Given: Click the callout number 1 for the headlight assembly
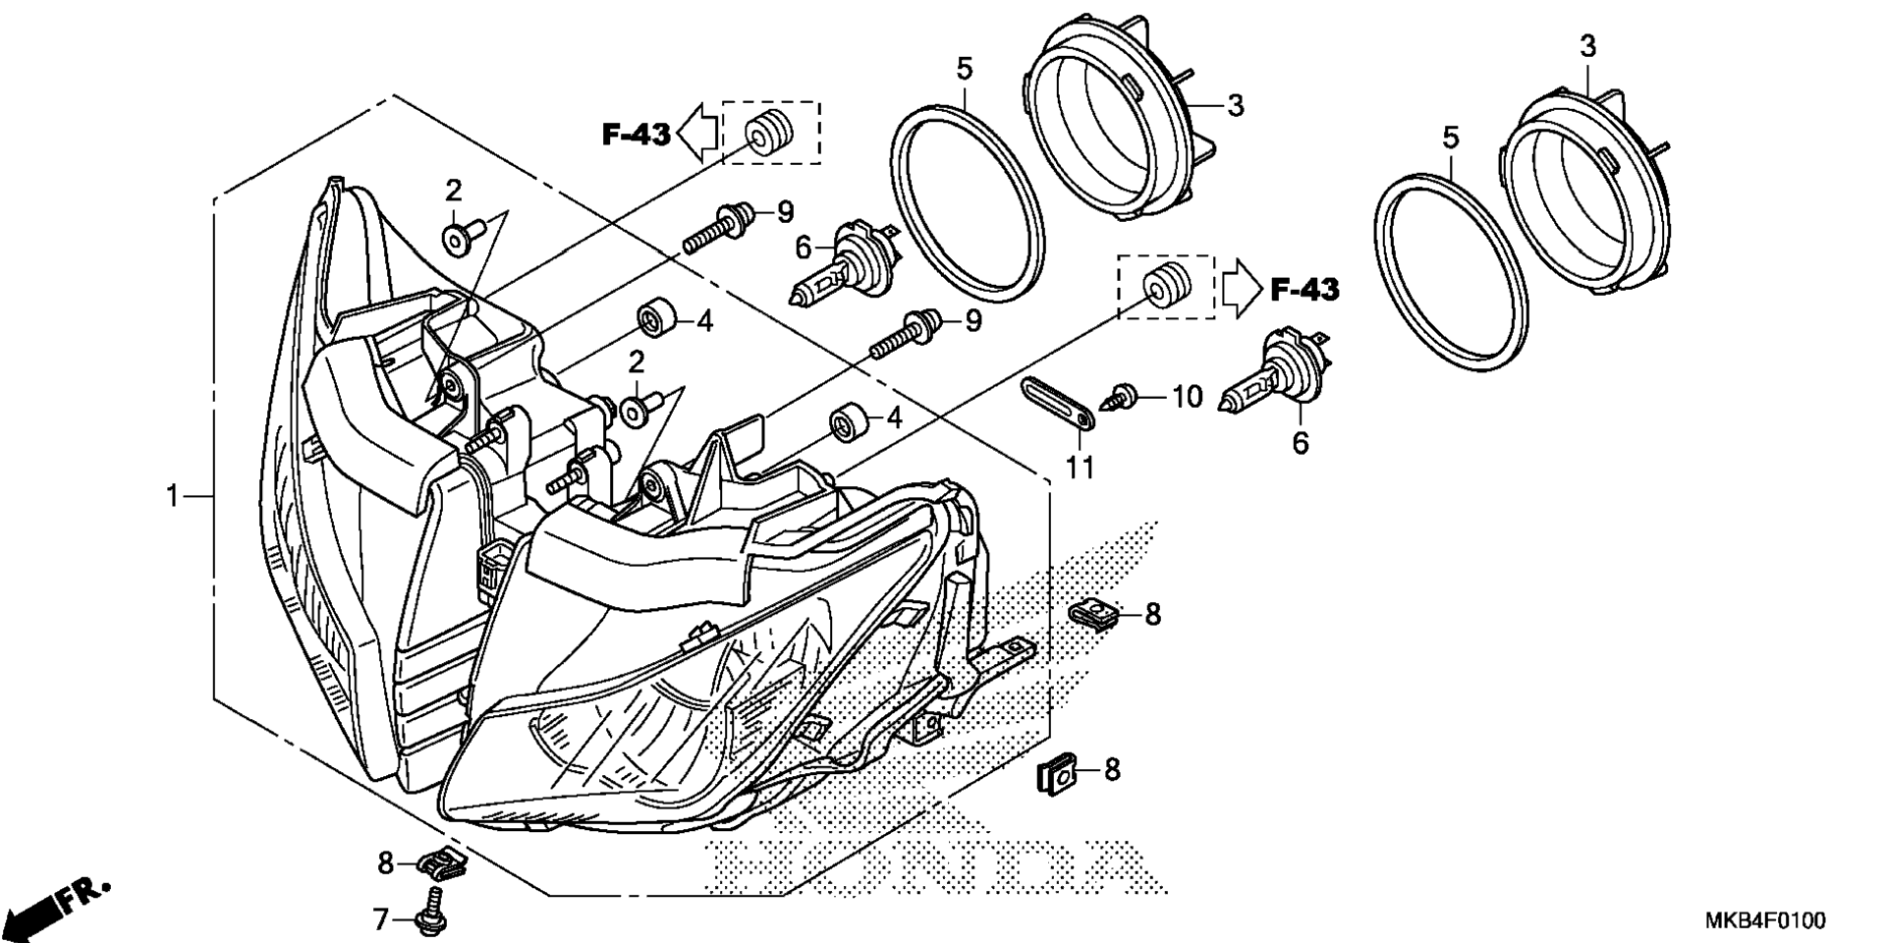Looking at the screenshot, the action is click(173, 497).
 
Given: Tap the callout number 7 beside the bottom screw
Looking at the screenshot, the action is click(381, 919).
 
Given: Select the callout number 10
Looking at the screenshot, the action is click(1187, 397).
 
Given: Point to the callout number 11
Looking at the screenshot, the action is click(1080, 467).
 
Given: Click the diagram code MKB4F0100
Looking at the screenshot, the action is click(1764, 920).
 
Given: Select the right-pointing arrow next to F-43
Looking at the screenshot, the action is click(1241, 289).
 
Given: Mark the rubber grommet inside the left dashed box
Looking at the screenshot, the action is click(767, 132).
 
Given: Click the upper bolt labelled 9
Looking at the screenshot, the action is click(720, 225).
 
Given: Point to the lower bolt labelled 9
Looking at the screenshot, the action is click(909, 333).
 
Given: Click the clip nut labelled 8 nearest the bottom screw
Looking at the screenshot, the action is click(441, 863).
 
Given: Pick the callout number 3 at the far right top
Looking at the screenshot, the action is click(1588, 45).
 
